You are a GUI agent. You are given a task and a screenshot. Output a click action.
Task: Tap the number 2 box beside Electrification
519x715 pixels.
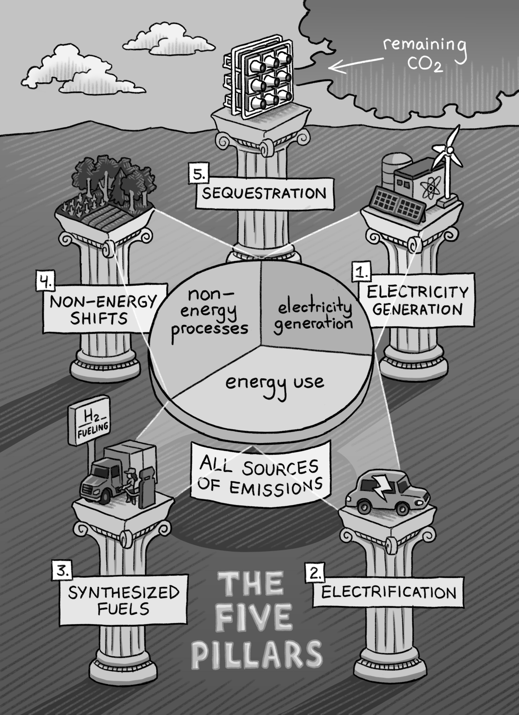click(x=315, y=572)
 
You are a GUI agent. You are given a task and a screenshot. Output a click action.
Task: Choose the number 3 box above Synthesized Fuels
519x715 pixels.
click(x=61, y=571)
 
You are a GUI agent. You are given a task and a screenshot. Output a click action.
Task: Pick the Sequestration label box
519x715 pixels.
click(x=264, y=193)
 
